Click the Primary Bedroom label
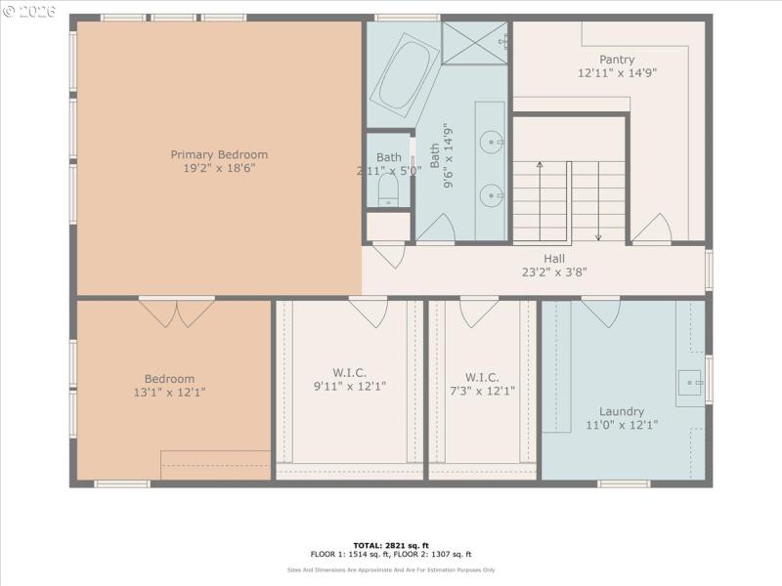click(x=219, y=154)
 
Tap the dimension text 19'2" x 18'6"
click(x=219, y=168)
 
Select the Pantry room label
click(x=617, y=60)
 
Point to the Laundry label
click(x=622, y=411)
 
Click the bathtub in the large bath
click(x=404, y=74)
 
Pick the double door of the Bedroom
click(x=176, y=313)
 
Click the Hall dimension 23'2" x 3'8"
click(x=553, y=272)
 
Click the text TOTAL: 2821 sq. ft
click(x=391, y=545)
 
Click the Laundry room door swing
click(x=600, y=312)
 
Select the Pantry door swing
click(x=651, y=230)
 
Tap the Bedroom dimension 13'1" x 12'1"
click(x=169, y=393)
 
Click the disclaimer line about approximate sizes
click(x=391, y=570)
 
